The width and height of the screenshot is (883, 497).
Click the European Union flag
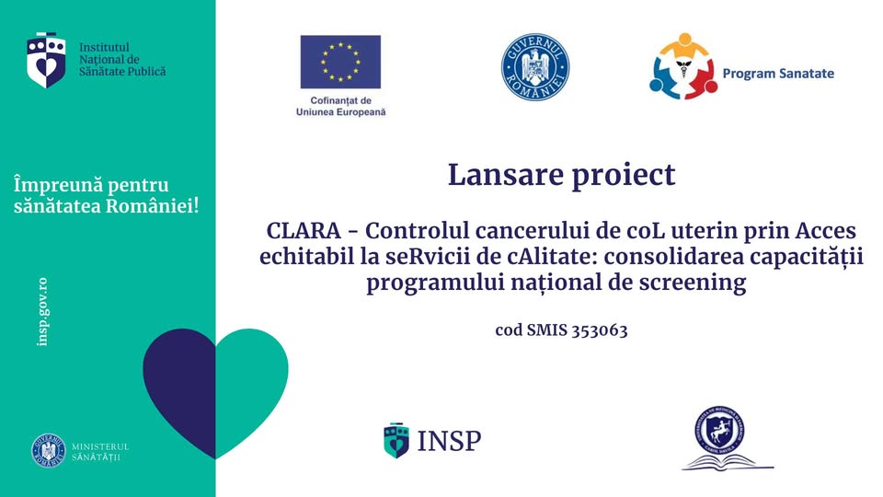pyautogui.click(x=339, y=62)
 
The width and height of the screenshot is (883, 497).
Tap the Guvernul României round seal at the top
pyautogui.click(x=535, y=67)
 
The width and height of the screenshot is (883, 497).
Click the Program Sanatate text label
pyautogui.click(x=778, y=73)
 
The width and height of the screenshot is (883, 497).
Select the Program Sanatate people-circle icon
pyautogui.click(x=682, y=67)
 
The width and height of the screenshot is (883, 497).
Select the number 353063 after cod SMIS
pyautogui.click(x=597, y=330)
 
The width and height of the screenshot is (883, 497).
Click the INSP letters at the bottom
pyautogui.click(x=449, y=441)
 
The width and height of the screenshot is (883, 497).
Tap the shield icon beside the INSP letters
pyautogui.click(x=396, y=440)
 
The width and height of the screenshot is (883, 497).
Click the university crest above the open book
pyautogui.click(x=719, y=428)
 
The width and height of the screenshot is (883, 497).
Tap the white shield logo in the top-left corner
pyautogui.click(x=47, y=60)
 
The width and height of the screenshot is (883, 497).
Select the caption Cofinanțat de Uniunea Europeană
pyautogui.click(x=340, y=106)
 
